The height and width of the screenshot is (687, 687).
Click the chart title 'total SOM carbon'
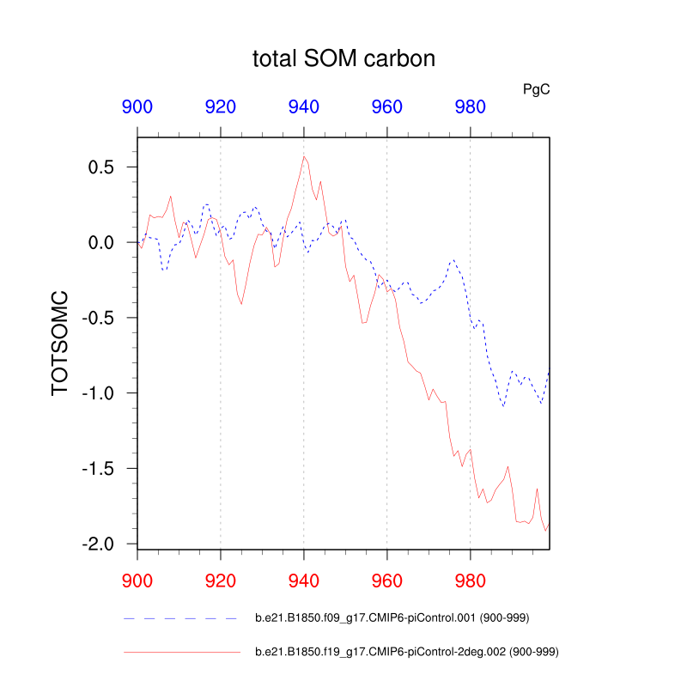tap(343, 59)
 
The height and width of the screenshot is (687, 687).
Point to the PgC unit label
tap(536, 88)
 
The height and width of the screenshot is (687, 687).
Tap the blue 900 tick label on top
tap(137, 107)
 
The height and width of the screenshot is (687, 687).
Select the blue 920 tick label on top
tap(221, 107)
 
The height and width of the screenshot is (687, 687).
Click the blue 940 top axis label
tap(304, 107)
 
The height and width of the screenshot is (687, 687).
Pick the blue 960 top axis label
tap(386, 107)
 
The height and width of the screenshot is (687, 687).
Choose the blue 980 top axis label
tap(470, 107)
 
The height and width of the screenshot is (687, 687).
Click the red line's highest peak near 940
tap(304, 155)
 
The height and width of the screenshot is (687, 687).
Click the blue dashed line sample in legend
tap(180, 617)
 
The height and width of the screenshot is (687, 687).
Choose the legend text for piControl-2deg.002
tap(408, 653)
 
